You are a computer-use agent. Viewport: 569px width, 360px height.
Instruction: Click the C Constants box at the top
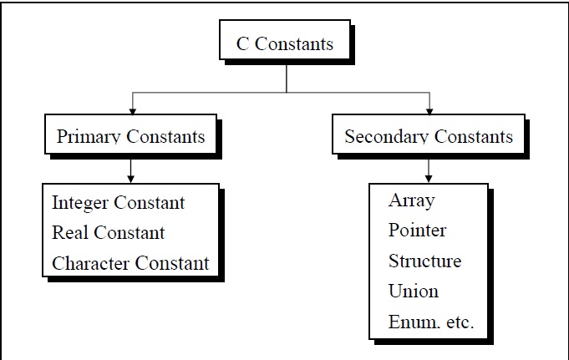(286, 43)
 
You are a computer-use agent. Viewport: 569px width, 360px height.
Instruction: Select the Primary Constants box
(130, 136)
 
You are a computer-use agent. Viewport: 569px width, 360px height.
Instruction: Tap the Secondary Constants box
(429, 136)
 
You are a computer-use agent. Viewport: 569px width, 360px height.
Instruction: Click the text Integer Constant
(118, 203)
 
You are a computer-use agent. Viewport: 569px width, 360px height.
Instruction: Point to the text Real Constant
(108, 233)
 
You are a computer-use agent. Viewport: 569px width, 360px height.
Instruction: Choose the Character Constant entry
(130, 263)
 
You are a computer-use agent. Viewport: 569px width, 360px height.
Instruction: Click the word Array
(411, 200)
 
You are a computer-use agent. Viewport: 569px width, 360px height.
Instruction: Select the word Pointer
(417, 231)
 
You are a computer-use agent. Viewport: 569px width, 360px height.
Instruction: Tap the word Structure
(424, 261)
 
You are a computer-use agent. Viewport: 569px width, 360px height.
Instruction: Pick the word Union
(413, 292)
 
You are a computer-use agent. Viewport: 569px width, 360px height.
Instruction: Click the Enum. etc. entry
(431, 322)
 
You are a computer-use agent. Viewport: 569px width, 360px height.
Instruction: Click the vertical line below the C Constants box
(287, 77)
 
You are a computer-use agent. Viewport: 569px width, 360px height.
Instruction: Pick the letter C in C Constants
(242, 43)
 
